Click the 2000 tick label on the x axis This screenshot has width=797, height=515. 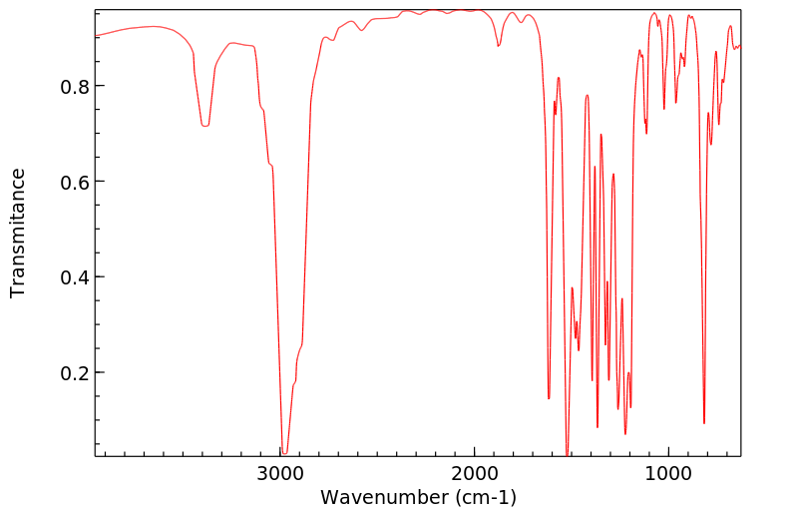click(474, 473)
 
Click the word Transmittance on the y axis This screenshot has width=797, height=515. click(18, 233)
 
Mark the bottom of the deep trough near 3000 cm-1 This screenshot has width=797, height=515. click(284, 453)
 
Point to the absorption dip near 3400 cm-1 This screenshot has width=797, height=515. click(204, 126)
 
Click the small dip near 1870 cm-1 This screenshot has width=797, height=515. click(499, 46)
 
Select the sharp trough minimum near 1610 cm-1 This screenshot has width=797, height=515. click(549, 398)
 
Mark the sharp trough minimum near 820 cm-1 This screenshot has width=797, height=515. click(704, 423)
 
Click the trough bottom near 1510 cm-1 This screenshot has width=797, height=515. click(568, 455)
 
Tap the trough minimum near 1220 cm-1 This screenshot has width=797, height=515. click(625, 433)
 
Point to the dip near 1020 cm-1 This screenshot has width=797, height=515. click(664, 109)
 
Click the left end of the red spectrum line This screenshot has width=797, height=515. click(96, 35)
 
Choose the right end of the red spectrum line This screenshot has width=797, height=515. click(741, 45)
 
